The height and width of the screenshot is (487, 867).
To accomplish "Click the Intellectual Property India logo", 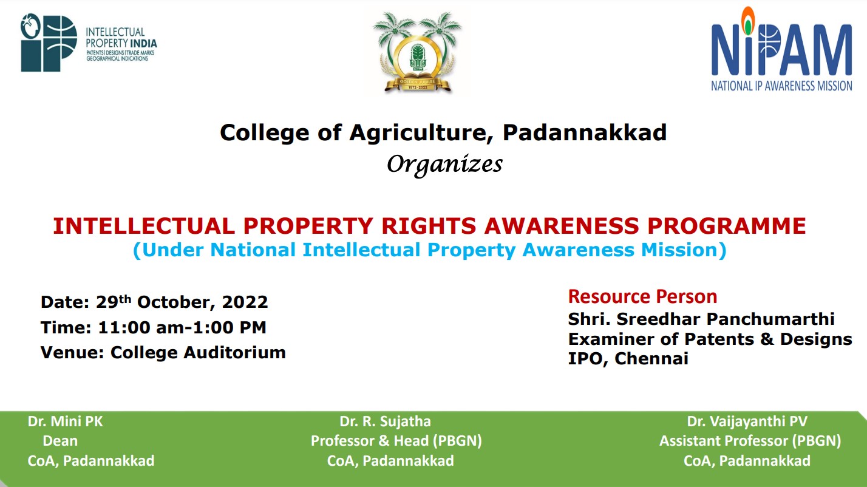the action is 89,43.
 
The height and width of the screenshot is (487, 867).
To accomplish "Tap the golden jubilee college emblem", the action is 417,52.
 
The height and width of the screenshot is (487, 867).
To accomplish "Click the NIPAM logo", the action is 781,49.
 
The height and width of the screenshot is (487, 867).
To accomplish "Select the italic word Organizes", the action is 444,165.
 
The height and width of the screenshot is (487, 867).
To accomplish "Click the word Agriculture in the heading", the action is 421,133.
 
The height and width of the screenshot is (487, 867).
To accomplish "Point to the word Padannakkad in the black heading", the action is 585,132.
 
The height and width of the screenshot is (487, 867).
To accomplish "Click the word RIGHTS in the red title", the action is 429,226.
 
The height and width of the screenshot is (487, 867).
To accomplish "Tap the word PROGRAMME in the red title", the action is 727,226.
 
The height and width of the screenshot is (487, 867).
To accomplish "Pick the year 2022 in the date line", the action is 245,302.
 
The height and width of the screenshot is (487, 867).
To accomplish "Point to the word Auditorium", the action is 234,353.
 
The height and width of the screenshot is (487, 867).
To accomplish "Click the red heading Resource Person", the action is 642,297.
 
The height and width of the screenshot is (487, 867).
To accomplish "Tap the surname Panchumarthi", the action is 770,319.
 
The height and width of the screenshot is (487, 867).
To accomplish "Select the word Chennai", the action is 651,359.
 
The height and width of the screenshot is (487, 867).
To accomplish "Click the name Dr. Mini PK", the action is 65,421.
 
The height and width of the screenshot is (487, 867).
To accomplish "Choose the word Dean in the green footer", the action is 60,441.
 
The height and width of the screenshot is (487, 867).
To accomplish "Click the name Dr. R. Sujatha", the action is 385,421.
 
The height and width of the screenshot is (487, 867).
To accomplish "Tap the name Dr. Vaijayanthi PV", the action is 747,421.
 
